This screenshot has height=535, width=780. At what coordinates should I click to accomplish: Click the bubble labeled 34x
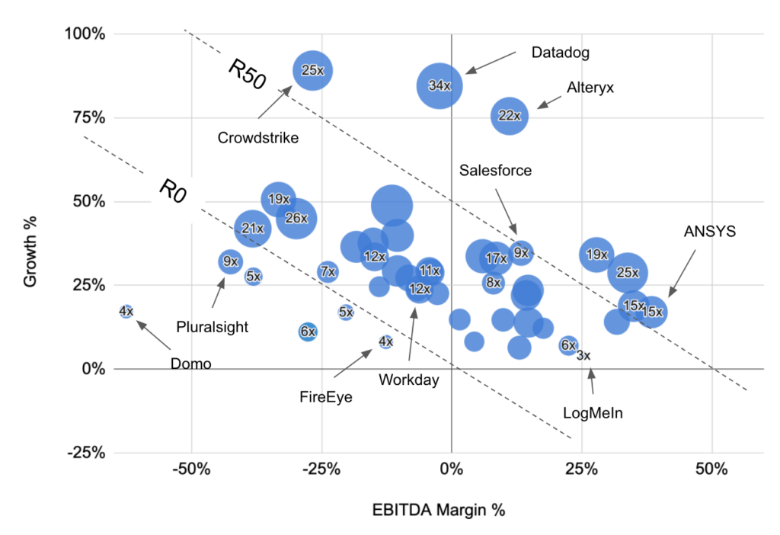(440, 85)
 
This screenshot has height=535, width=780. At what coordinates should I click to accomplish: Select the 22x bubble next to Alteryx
(510, 116)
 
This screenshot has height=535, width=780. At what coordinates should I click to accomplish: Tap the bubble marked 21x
(253, 228)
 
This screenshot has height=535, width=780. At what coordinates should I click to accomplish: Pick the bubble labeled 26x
(296, 219)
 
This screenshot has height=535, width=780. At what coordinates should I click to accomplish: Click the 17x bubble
(497, 259)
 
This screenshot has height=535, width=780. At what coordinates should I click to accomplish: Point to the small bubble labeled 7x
(328, 271)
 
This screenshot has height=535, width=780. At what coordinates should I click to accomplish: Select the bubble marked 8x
(494, 283)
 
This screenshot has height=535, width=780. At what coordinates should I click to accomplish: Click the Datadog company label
(561, 53)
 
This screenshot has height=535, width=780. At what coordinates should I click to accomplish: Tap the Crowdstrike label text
(258, 138)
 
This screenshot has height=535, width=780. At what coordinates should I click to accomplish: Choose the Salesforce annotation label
(495, 170)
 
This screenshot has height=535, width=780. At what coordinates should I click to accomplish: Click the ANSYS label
(710, 231)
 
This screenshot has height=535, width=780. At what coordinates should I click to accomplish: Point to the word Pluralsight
(213, 327)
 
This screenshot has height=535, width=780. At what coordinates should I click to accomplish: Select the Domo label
(190, 364)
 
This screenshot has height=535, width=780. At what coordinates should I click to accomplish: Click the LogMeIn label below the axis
(593, 413)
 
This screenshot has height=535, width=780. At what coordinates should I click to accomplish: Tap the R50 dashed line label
(247, 75)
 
